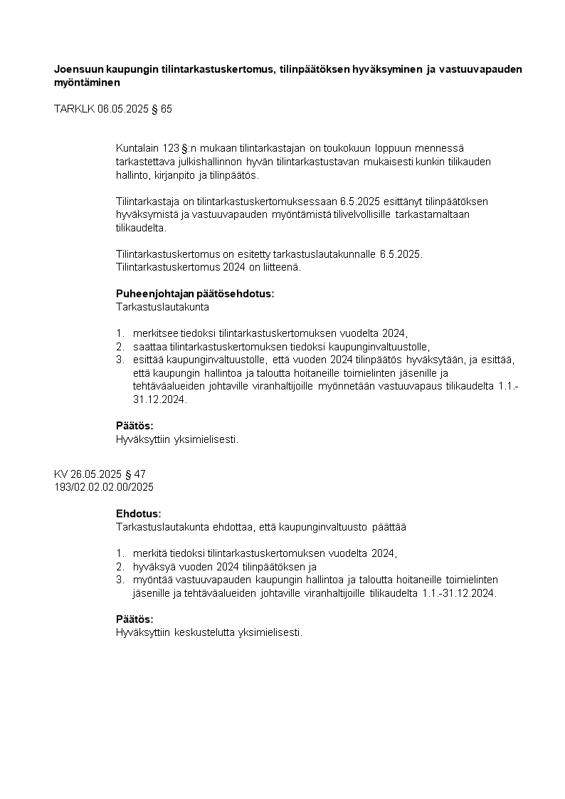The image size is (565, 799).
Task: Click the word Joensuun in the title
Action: [x=78, y=69]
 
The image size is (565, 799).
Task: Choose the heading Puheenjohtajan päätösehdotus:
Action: [x=194, y=293]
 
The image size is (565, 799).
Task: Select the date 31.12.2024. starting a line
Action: [x=159, y=399]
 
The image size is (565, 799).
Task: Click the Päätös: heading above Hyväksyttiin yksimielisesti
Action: [x=134, y=426]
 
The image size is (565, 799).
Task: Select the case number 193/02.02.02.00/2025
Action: [x=104, y=487]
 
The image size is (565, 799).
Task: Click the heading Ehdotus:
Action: [x=138, y=513]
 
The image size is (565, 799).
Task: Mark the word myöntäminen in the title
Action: [x=87, y=83]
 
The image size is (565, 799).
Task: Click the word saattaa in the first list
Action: [x=146, y=346]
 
